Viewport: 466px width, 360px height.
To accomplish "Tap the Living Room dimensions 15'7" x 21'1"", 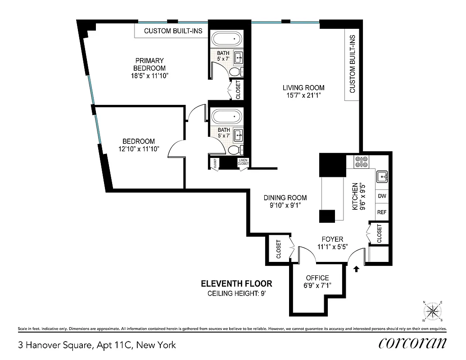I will [x=303, y=95].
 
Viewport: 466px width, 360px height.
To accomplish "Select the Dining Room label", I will [x=285, y=198].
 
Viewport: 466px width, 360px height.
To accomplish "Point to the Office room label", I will [x=317, y=278].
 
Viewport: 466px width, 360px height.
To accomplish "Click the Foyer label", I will [x=332, y=239].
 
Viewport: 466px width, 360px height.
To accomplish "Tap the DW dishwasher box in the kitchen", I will [x=382, y=196].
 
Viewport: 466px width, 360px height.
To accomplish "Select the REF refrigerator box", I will [x=382, y=212].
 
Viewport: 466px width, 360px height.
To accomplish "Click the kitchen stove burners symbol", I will [x=361, y=162].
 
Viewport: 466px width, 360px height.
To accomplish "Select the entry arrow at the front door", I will [x=357, y=269].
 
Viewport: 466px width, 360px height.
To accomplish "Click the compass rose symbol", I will [x=433, y=311].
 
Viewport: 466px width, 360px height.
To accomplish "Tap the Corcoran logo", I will [x=412, y=343].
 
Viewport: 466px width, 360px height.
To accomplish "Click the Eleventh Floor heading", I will [x=236, y=283].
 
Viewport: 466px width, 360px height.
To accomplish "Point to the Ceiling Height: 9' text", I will [x=236, y=294].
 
